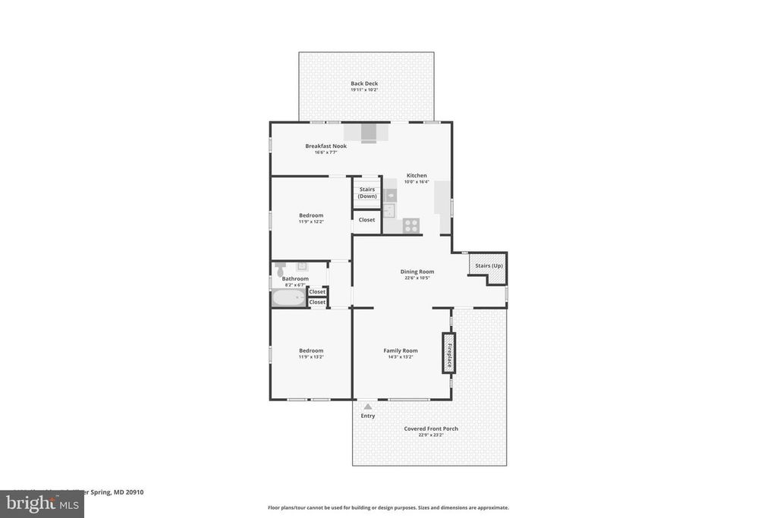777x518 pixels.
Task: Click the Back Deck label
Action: (x=364, y=83)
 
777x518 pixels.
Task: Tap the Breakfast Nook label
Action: (x=326, y=146)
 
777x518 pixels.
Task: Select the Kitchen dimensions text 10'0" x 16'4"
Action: (x=416, y=182)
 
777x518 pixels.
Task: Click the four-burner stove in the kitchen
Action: (x=411, y=225)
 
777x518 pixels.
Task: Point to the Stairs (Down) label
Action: (x=367, y=193)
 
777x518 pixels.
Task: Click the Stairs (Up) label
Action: (x=489, y=266)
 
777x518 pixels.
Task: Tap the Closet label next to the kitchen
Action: (x=367, y=220)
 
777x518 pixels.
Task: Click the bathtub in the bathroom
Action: (x=289, y=298)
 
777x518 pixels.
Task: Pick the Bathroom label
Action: (x=295, y=278)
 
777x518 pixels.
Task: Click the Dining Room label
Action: (x=417, y=272)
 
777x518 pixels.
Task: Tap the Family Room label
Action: (x=401, y=350)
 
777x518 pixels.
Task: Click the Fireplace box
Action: (x=448, y=353)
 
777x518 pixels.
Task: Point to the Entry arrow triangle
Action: (x=368, y=407)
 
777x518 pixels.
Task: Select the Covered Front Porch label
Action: (x=430, y=429)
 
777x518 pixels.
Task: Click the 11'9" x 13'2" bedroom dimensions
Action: (x=311, y=357)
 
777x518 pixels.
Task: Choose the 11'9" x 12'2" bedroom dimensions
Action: (x=311, y=221)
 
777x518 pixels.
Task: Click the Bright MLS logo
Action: (x=42, y=504)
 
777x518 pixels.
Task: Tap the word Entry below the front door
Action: (x=368, y=416)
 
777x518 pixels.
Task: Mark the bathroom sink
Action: (x=301, y=266)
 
